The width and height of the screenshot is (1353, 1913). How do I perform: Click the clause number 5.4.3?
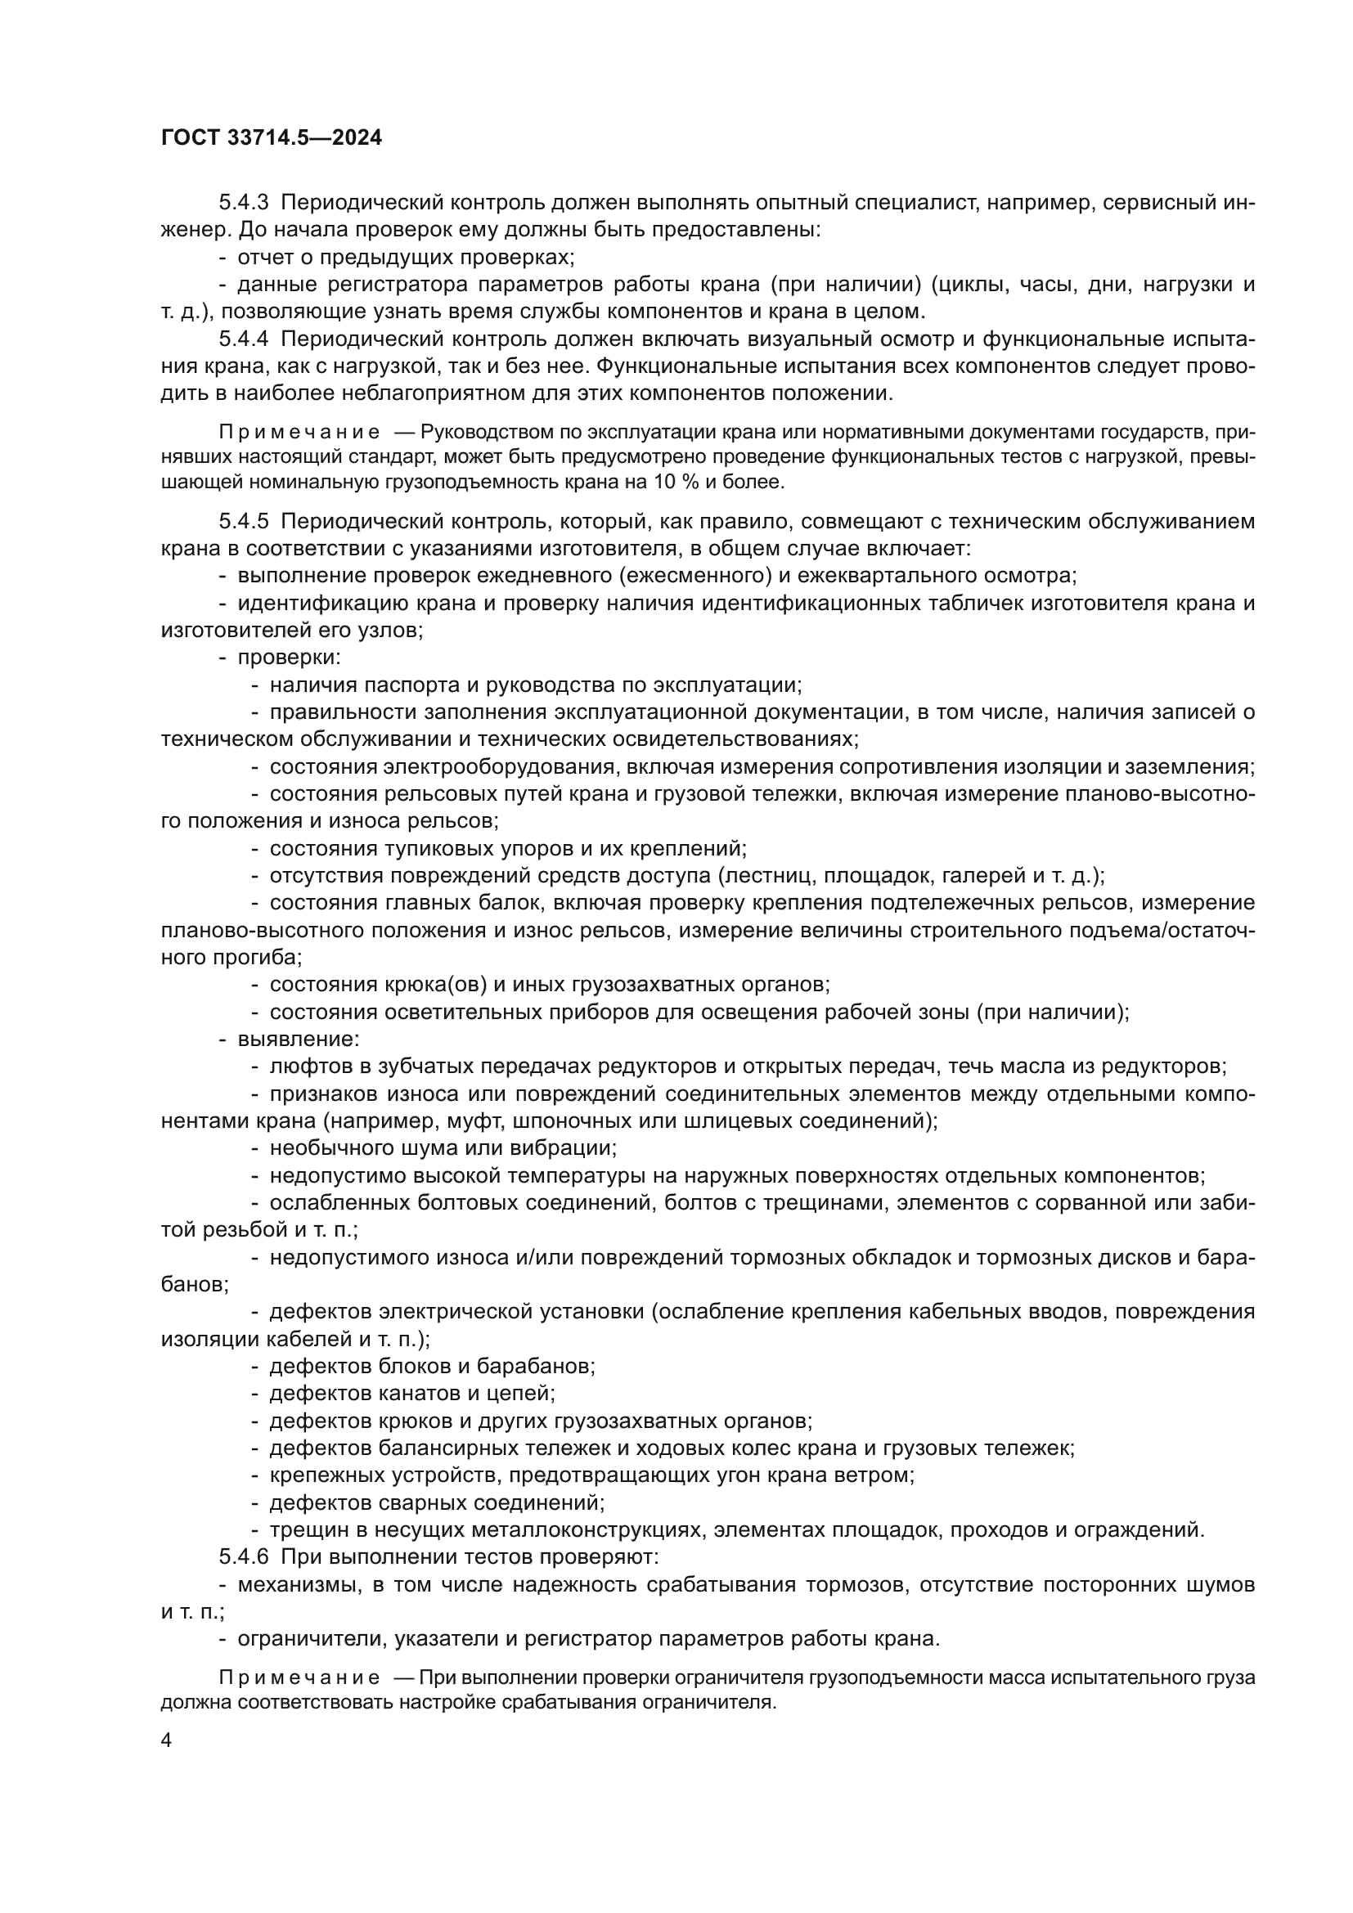tap(244, 203)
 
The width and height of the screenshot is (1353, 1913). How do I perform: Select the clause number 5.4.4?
tap(244, 339)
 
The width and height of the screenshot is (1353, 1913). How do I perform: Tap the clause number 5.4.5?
tap(244, 522)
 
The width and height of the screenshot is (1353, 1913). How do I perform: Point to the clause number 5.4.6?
tap(244, 1556)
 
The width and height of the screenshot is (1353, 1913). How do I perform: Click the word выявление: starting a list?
tap(299, 1039)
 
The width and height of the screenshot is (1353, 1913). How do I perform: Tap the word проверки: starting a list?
tap(289, 657)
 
